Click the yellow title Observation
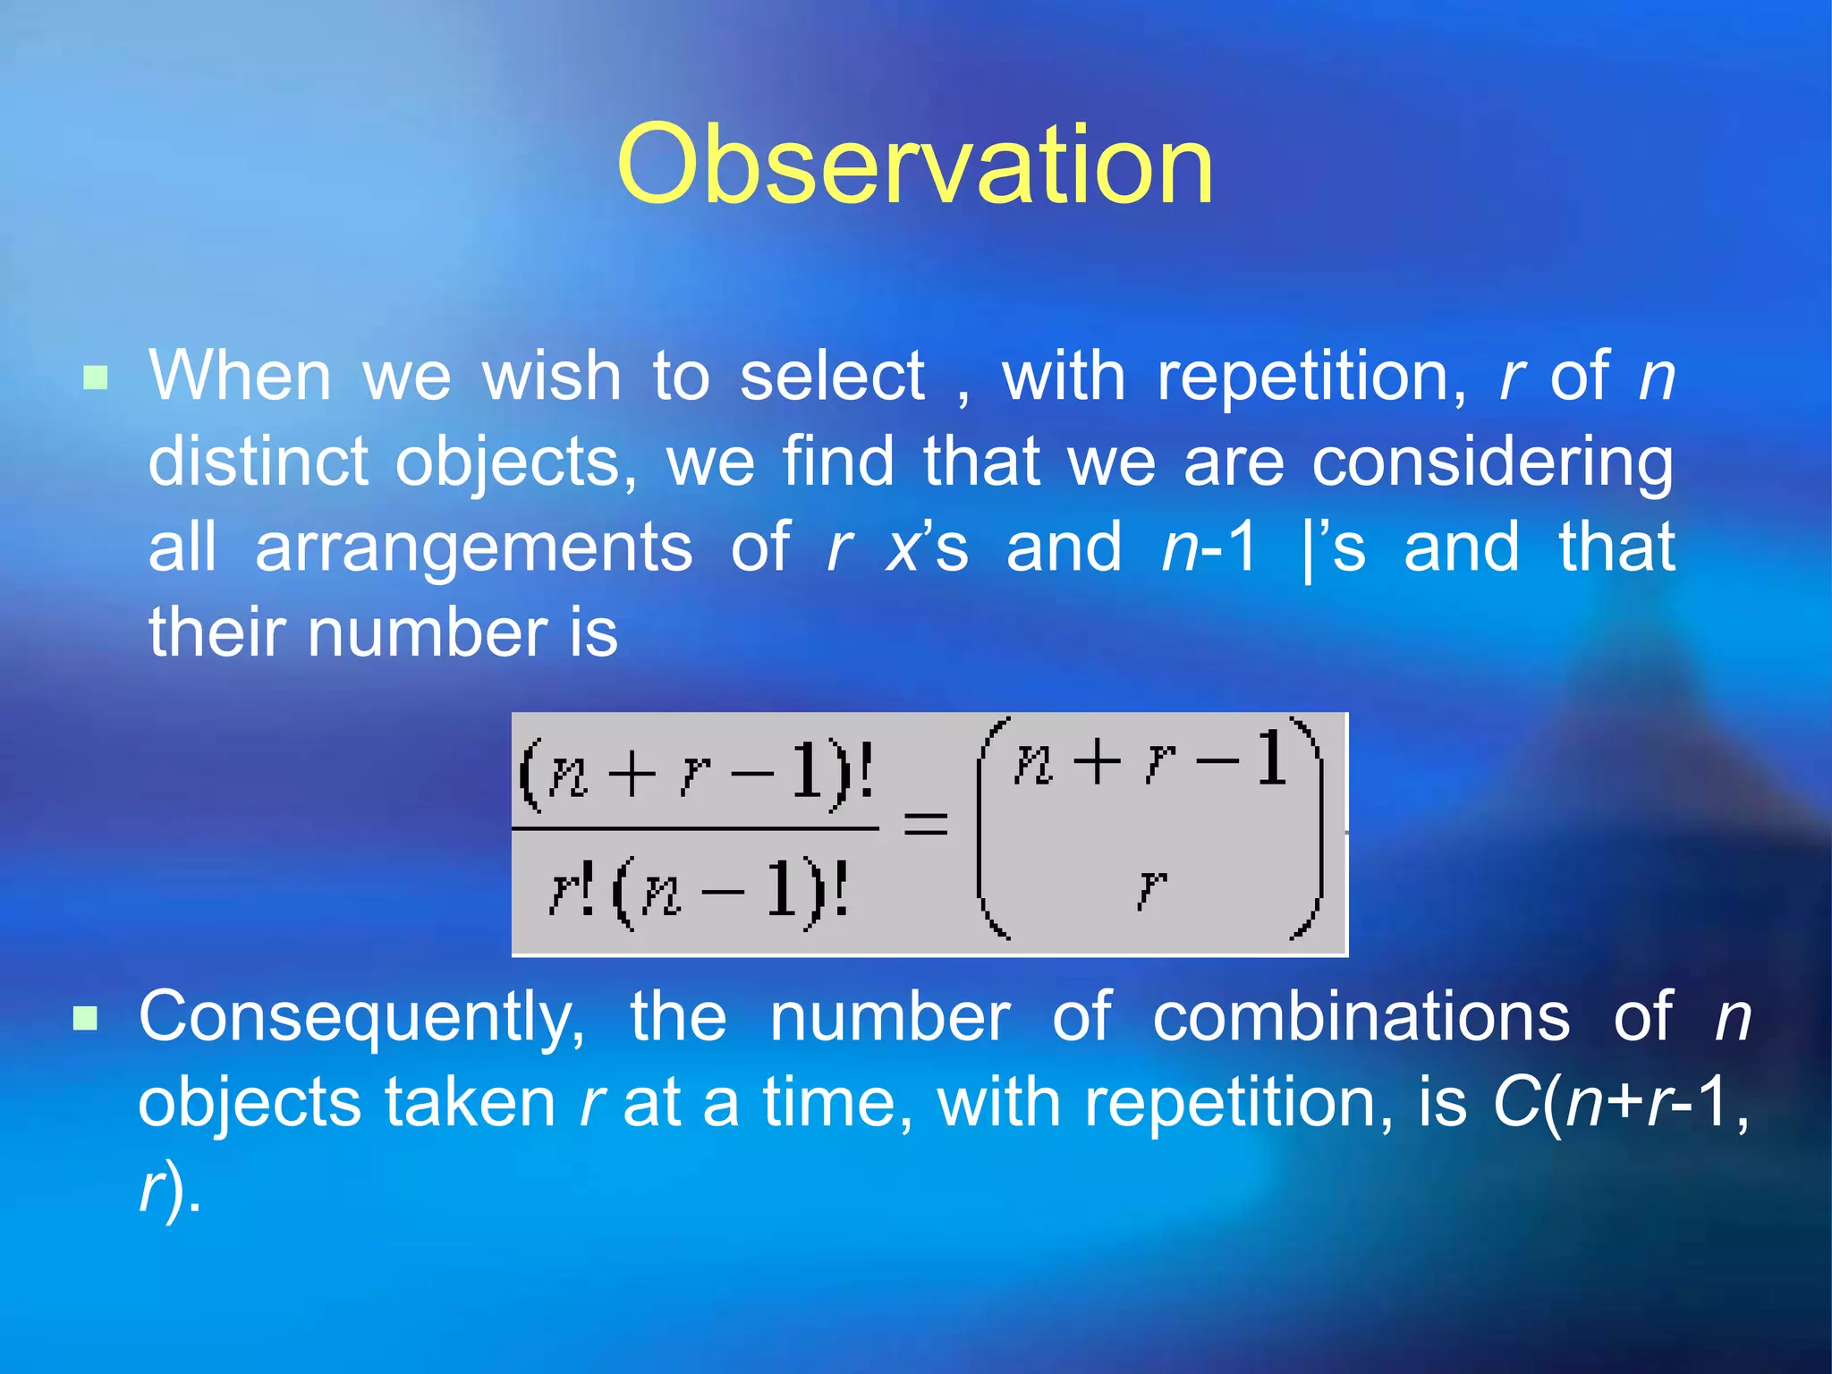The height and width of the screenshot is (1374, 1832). pyautogui.click(x=915, y=165)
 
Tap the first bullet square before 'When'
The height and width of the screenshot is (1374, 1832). pyautogui.click(x=95, y=378)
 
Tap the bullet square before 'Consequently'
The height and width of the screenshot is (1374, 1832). pyautogui.click(x=85, y=1018)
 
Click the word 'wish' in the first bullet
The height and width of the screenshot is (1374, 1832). pyautogui.click(x=551, y=376)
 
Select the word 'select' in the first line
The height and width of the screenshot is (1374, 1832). pyautogui.click(x=832, y=376)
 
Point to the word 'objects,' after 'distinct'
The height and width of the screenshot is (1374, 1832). pyautogui.click(x=517, y=462)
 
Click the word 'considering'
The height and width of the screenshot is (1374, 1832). pyautogui.click(x=1492, y=462)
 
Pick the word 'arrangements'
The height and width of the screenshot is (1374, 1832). pyautogui.click(x=473, y=547)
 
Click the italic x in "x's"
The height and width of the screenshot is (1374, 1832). pyautogui.click(x=903, y=547)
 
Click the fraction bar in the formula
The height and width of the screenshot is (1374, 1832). pyautogui.click(x=695, y=828)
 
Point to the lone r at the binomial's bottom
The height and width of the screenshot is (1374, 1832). pyautogui.click(x=1151, y=887)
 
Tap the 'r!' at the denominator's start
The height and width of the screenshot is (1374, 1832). pyautogui.click(x=571, y=890)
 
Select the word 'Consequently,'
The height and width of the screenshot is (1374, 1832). pyautogui.click(x=361, y=1017)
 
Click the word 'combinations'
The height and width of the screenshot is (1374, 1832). pyautogui.click(x=1361, y=1017)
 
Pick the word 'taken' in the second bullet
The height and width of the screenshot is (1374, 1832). pyautogui.click(x=471, y=1102)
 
